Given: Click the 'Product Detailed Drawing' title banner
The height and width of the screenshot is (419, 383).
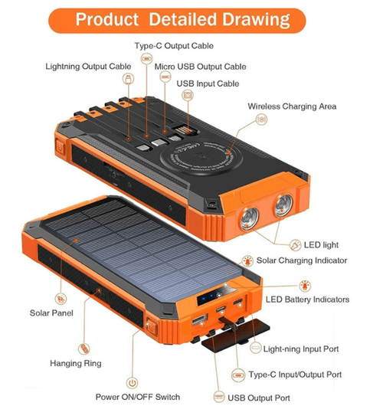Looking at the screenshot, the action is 177,21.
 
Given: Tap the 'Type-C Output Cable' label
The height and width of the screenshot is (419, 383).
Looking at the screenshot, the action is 174,46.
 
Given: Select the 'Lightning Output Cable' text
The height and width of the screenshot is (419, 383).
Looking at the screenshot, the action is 88,67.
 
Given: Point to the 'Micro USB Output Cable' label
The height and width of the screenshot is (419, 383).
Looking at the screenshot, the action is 200,67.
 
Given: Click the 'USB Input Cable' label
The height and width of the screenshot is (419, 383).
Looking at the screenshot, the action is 208,83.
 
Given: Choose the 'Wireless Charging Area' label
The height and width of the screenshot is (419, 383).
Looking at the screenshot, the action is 292,106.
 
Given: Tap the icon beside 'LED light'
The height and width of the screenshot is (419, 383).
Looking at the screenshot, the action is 296,245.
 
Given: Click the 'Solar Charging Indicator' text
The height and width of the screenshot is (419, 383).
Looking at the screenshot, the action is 302,260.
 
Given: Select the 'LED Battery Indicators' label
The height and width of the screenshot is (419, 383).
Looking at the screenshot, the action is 307,300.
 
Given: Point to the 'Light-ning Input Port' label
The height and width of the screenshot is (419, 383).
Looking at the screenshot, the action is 301,349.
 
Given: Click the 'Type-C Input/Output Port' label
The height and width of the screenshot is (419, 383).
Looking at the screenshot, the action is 295,375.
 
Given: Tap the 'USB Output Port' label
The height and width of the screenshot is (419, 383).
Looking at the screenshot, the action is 259,398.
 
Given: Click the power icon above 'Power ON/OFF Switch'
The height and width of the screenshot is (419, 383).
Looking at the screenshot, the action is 132,383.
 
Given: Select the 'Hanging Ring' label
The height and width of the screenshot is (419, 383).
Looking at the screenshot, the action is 76,363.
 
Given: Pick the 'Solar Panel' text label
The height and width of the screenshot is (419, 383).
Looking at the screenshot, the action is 51,313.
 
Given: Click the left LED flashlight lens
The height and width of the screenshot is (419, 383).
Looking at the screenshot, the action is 250,219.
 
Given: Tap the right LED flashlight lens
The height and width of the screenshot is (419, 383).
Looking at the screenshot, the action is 283,205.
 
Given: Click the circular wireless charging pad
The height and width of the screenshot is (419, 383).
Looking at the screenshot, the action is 201,157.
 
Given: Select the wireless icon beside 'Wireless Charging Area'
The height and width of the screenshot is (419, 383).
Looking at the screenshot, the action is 261,119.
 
